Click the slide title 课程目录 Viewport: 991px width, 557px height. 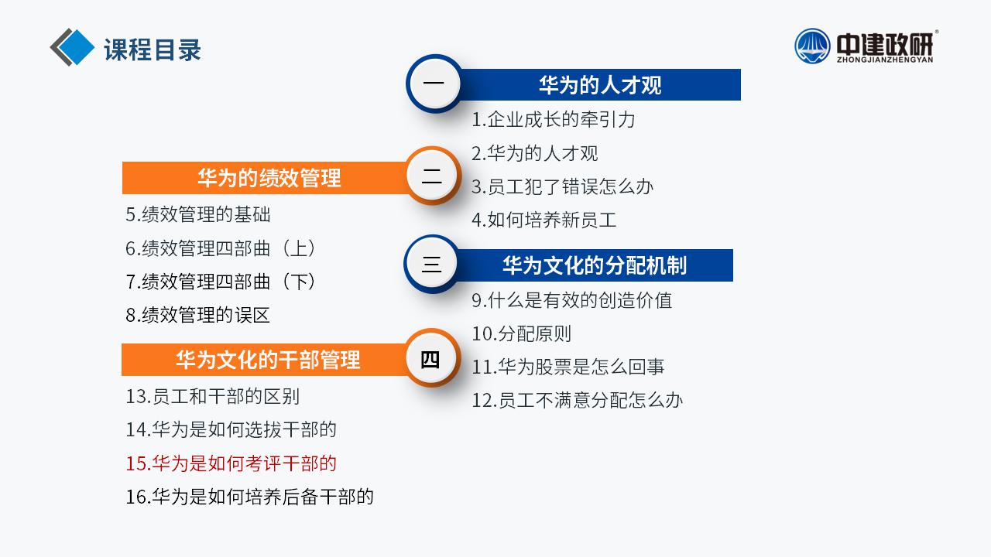pyautogui.click(x=153, y=50)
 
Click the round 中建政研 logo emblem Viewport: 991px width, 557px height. pyautogui.click(x=812, y=46)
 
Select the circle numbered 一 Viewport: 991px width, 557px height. pyautogui.click(x=434, y=83)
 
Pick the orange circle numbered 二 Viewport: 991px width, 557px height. pyautogui.click(x=432, y=176)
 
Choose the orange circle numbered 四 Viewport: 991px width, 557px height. pyautogui.click(x=430, y=357)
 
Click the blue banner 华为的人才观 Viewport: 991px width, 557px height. pyautogui.click(x=599, y=85)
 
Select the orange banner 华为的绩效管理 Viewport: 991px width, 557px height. pyautogui.click(x=266, y=178)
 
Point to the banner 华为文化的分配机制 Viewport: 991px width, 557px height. pyautogui.click(x=594, y=265)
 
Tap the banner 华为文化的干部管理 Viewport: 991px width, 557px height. pyautogui.click(x=265, y=360)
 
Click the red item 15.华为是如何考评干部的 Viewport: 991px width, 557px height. pyautogui.click(x=231, y=463)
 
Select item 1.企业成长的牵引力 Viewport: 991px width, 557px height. pyautogui.click(x=553, y=120)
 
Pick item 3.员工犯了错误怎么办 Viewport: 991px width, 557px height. pyautogui.click(x=562, y=186)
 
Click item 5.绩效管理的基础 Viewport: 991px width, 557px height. pyautogui.click(x=197, y=214)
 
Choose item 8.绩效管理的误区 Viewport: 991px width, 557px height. pyautogui.click(x=197, y=315)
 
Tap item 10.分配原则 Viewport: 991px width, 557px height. pyautogui.click(x=522, y=333)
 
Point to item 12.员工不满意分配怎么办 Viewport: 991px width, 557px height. pyautogui.click(x=578, y=401)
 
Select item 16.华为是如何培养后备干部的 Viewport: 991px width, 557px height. pyautogui.click(x=249, y=497)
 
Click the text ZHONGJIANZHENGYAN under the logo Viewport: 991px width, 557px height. pyautogui.click(x=885, y=60)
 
